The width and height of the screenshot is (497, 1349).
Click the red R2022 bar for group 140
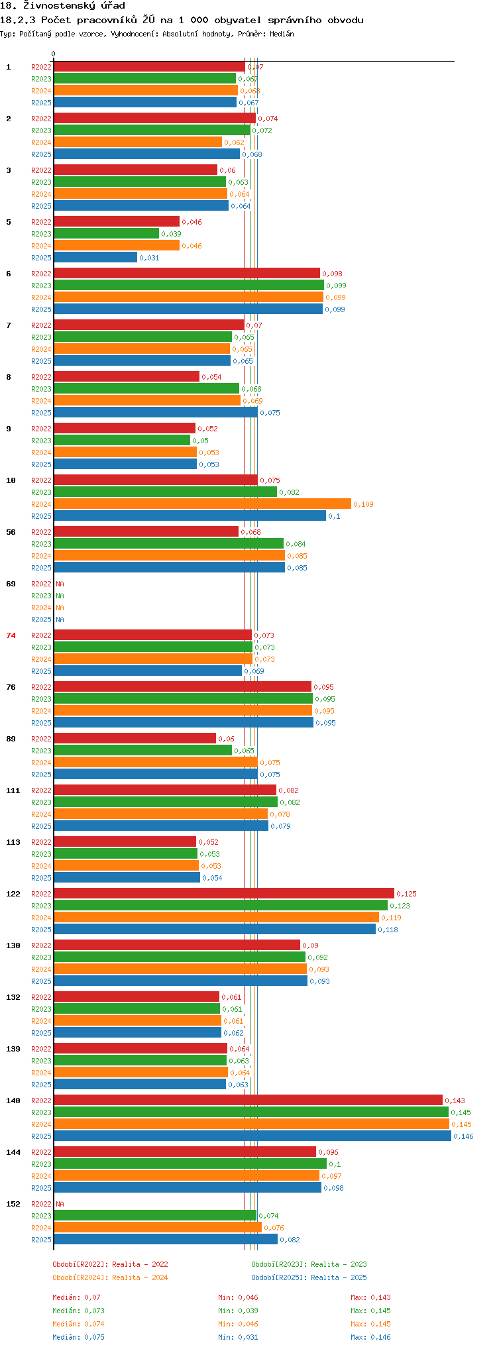pyautogui.click(x=248, y=1100)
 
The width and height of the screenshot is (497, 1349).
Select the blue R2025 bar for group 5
pyautogui.click(x=95, y=258)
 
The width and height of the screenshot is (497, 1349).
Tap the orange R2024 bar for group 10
pyautogui.click(x=202, y=504)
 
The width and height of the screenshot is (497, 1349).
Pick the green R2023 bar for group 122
pyautogui.click(x=220, y=905)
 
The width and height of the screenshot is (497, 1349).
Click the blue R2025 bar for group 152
pyautogui.click(x=166, y=1239)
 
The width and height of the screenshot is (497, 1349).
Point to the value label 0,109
pyautogui.click(x=363, y=504)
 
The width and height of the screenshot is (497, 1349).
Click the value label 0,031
pyautogui.click(x=149, y=258)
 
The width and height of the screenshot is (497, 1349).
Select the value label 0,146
pyautogui.click(x=463, y=1136)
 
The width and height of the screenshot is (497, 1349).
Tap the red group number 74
pyautogui.click(x=11, y=635)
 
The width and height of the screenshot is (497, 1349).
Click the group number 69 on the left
pyautogui.click(x=11, y=584)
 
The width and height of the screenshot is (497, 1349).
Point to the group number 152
pyautogui.click(x=13, y=1204)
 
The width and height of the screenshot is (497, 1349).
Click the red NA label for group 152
pyautogui.click(x=60, y=1204)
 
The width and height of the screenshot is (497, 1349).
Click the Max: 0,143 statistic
pyautogui.click(x=370, y=1297)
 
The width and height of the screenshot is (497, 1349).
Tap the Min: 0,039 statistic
pyautogui.click(x=238, y=1311)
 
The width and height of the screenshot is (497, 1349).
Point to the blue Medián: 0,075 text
pyautogui.click(x=78, y=1337)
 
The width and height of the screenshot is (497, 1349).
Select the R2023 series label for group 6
pyautogui.click(x=41, y=286)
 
